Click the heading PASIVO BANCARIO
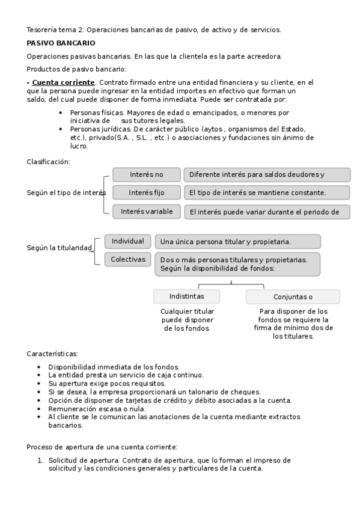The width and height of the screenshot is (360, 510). click(61, 43)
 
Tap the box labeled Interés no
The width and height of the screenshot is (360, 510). click(146, 175)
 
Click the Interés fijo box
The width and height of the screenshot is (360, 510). click(146, 192)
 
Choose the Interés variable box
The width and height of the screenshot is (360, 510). click(146, 211)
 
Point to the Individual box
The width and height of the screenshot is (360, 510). click(127, 241)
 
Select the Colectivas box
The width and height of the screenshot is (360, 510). click(127, 259)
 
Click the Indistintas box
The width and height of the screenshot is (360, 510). click(186, 296)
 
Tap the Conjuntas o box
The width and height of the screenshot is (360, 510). click(293, 297)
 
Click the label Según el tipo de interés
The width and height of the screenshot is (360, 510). click(66, 193)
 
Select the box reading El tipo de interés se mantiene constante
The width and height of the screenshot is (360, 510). click(266, 192)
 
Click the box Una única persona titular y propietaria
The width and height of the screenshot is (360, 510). click(237, 242)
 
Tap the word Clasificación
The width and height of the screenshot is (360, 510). click(48, 162)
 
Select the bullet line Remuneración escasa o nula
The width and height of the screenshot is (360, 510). click(97, 408)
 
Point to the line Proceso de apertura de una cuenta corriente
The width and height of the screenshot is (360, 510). click(102, 447)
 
